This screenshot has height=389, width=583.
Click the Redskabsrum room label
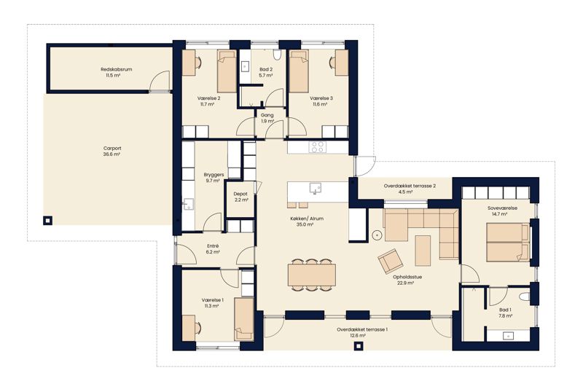click(x=117, y=72)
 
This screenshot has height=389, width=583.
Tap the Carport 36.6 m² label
click(x=112, y=152)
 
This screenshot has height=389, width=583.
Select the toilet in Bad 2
click(x=277, y=55)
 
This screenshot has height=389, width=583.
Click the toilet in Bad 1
click(x=525, y=296)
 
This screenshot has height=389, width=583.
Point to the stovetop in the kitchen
click(x=318, y=146)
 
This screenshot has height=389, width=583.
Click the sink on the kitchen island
click(x=316, y=188)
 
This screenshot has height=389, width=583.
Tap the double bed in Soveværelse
click(x=508, y=243)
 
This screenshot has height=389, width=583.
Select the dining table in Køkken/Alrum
click(x=312, y=275)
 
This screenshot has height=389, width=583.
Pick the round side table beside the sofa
click(x=377, y=235)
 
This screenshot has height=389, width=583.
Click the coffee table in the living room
click(x=423, y=251)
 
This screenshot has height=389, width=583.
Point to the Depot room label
click(x=241, y=197)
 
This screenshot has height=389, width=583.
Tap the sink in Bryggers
click(x=188, y=204)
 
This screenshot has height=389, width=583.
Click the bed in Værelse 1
click(x=244, y=319)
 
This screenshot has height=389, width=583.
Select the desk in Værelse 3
click(x=341, y=63)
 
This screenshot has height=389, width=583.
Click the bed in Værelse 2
click(x=227, y=71)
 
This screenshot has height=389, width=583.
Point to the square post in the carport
click(x=47, y=220)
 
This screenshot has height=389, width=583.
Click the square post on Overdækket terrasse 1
click(x=358, y=346)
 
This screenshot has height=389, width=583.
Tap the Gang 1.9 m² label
click(x=267, y=118)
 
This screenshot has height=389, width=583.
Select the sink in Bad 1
click(x=507, y=336)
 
